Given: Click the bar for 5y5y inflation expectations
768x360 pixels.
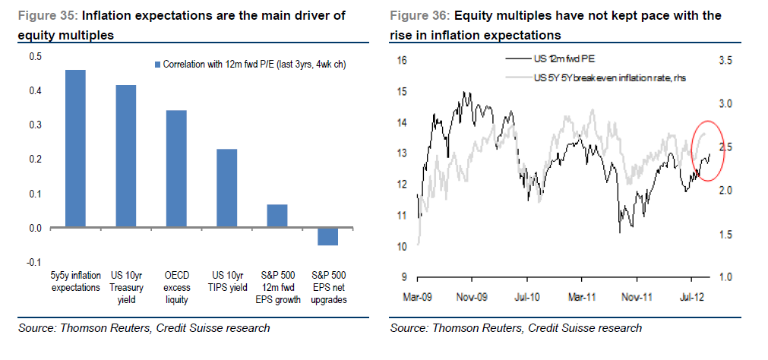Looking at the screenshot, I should click(75, 149).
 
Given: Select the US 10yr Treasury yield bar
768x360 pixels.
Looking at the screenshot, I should click(125, 156).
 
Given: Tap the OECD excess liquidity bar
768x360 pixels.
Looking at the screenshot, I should click(176, 169).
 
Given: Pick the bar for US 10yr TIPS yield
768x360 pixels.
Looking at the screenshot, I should click(226, 188).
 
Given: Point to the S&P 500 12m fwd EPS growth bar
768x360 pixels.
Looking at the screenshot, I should click(277, 216).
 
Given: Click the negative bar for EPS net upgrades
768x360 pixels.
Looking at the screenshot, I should click(327, 236).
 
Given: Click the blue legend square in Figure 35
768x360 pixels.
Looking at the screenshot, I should click(158, 65).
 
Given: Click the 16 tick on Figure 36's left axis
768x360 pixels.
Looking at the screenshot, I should click(403, 61).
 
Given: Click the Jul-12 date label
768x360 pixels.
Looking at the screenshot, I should click(692, 297).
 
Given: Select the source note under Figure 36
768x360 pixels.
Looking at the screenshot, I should click(516, 328).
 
